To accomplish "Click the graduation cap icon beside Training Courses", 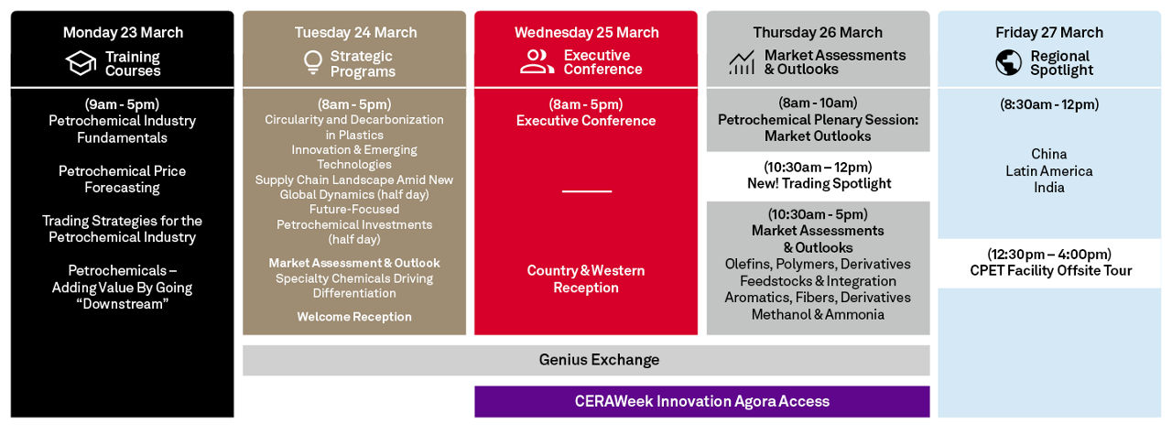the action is (x=81, y=63).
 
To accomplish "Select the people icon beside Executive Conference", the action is (x=537, y=61).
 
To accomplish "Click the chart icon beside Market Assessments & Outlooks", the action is (x=742, y=63).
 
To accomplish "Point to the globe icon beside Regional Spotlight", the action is (x=1008, y=63).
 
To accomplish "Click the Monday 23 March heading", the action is (x=123, y=32).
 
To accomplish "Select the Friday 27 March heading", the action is (x=1049, y=32).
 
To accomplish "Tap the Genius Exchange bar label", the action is (x=599, y=360).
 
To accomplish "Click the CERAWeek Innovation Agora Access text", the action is (x=702, y=401).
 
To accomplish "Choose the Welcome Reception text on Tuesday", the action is (x=354, y=317).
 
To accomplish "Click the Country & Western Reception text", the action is (x=586, y=279).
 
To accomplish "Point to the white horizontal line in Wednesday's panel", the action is (x=587, y=191).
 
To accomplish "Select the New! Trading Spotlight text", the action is (x=819, y=184).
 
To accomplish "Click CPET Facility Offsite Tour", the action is (x=1050, y=271).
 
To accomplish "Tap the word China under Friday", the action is (x=1049, y=154).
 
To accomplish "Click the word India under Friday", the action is (x=1049, y=188).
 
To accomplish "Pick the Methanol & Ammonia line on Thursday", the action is (x=818, y=315).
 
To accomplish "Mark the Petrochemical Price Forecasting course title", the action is (x=122, y=179).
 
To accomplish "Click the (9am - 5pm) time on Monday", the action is (x=122, y=104).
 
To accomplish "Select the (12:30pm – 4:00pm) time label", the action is (x=1049, y=255).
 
